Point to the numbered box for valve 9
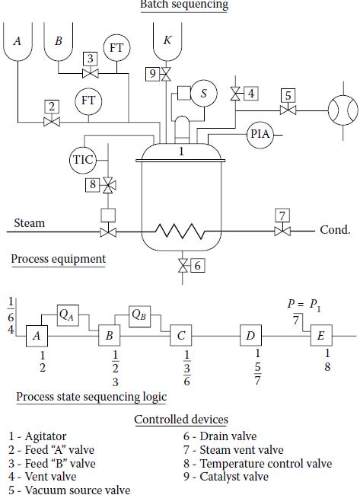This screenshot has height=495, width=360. tap(153, 74)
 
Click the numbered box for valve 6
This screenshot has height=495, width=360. tap(198, 266)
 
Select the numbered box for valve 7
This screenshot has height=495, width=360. tap(282, 216)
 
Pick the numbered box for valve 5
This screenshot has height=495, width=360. tap(288, 95)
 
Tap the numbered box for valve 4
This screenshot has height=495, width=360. tap(251, 94)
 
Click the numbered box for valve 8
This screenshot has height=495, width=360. tap(92, 185)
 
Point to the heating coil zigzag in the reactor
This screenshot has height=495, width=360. tap(180, 232)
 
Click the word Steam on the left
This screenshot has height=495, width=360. tap(30, 223)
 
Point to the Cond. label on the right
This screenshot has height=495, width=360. tap(335, 229)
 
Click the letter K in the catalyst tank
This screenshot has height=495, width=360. tap(167, 40)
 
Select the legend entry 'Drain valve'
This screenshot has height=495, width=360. tap(228, 436)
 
